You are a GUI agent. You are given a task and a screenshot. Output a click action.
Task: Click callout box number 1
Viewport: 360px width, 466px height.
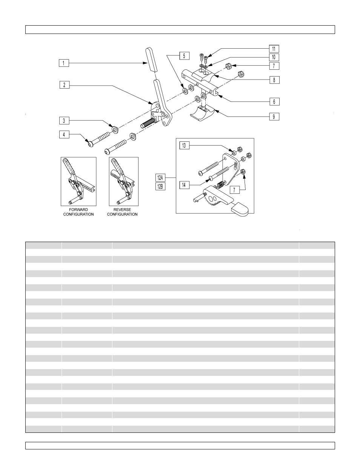point(64,63)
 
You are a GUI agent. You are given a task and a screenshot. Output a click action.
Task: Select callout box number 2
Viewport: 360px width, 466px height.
point(64,85)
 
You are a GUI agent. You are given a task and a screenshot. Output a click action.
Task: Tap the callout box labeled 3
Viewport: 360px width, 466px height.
point(64,121)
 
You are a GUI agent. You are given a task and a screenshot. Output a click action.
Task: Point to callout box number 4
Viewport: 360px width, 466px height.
point(64,134)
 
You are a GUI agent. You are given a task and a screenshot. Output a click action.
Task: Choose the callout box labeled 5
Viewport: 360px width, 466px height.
point(184,56)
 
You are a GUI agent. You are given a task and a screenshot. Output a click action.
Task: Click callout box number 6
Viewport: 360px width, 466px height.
point(274,101)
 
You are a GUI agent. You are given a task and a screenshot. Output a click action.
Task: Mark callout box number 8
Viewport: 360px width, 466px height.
point(274,80)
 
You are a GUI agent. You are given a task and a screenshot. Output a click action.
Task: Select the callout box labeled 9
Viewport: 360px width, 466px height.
point(274,116)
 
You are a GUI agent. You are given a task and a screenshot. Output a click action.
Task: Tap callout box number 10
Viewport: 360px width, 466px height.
point(274,57)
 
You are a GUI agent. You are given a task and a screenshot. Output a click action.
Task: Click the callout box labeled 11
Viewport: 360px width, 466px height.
point(274,49)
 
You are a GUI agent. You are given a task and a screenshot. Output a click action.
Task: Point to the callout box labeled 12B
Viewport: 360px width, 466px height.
point(160,186)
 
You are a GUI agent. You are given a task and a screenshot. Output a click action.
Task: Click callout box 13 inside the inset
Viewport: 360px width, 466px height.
point(184,146)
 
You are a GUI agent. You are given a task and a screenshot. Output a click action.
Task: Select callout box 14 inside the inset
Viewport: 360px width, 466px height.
point(184,185)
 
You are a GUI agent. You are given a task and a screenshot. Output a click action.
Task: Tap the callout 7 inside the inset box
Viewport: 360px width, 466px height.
point(234,190)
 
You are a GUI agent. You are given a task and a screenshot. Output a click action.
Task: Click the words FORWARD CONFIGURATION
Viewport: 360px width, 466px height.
point(78,212)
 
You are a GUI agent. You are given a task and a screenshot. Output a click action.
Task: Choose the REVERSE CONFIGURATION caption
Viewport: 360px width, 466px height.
point(122,212)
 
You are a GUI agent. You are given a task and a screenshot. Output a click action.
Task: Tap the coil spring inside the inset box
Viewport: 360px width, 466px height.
point(220,184)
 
